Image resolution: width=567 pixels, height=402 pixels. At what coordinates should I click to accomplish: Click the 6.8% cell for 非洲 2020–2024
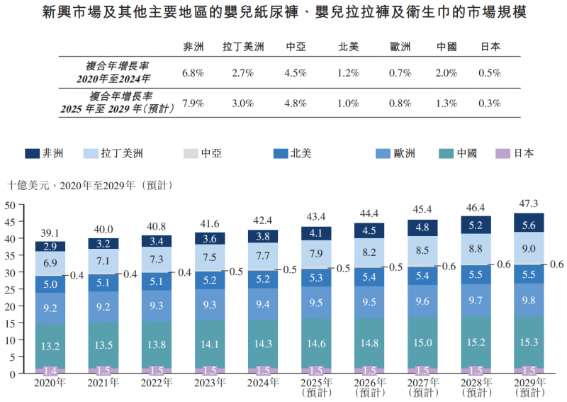(x=193, y=73)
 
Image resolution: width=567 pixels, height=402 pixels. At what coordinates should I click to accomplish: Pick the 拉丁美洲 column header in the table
(x=243, y=47)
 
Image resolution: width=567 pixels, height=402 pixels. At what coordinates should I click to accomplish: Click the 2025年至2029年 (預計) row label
(x=118, y=103)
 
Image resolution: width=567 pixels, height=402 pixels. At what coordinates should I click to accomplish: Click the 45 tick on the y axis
(x=11, y=222)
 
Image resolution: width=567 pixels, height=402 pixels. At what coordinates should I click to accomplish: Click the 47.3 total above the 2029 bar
(x=529, y=204)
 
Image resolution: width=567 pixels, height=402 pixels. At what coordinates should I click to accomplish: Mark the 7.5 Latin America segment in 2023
(x=209, y=258)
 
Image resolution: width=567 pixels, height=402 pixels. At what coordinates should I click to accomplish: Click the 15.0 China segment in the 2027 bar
(x=422, y=342)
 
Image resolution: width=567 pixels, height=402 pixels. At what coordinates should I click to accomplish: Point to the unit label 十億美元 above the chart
(x=31, y=186)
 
